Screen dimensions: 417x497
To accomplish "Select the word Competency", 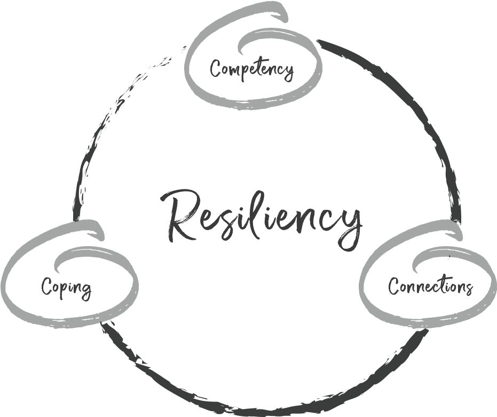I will (251, 69).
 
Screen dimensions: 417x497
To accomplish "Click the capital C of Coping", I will (47, 287).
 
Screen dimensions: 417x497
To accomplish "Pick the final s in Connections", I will (468, 288).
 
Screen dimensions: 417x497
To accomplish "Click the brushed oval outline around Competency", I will (188, 69).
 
